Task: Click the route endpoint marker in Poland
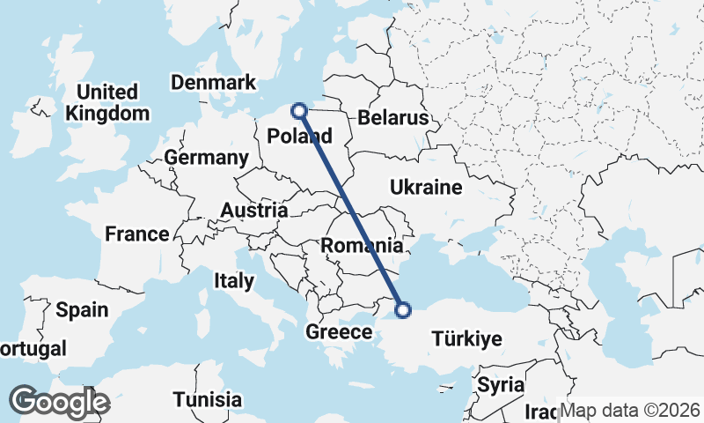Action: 299,111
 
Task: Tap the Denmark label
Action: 214,83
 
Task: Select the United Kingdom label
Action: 107,102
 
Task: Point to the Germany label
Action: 207,159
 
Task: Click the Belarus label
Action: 392,118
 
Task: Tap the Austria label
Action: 253,211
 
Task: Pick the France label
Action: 136,234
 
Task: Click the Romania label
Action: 363,246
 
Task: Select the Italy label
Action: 233,282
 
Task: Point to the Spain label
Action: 81,310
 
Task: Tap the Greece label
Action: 339,332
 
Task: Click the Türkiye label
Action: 466,338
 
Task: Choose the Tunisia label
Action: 207,399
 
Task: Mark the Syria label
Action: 500,386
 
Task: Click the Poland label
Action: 299,137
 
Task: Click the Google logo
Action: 59,402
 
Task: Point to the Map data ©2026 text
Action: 630,411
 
